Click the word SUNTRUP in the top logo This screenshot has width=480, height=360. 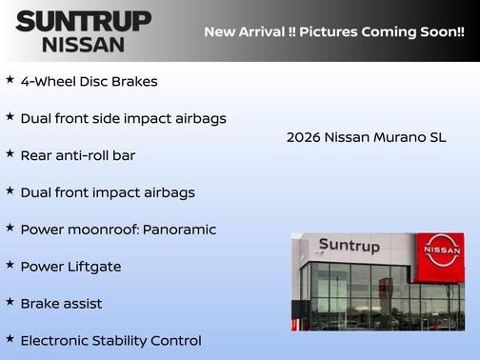point(83,20)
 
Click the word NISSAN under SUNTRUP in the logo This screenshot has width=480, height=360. point(83,44)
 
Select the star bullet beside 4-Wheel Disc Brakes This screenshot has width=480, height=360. point(10,80)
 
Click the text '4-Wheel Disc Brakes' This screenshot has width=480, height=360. point(89,82)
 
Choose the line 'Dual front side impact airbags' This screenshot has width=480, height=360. point(123,118)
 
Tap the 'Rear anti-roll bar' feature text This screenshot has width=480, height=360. point(77,155)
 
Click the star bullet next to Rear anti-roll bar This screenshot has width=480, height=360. point(10,153)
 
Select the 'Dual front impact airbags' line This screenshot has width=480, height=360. point(107,192)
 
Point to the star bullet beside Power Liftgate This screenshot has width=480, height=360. point(10,265)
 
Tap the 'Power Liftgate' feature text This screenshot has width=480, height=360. point(70,267)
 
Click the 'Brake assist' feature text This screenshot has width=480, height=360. point(61,304)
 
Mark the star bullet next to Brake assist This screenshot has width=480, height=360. point(10,302)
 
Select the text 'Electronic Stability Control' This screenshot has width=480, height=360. point(110,340)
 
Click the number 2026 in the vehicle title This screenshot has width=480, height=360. point(304,138)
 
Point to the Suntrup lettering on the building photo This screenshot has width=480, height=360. point(349,247)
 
